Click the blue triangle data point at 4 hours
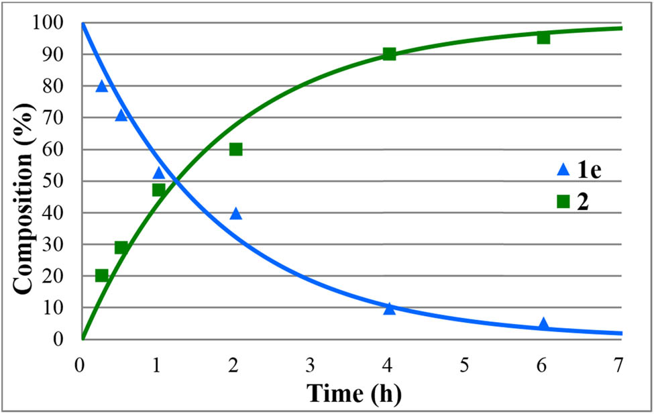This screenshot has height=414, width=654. pos(389,309)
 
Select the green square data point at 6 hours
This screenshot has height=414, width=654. pos(543,38)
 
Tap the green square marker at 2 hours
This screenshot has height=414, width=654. pos(235,149)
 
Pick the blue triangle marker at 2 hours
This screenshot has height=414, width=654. pos(235,214)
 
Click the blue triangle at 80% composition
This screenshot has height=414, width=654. pos(101,86)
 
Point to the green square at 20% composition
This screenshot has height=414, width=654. pos(101,275)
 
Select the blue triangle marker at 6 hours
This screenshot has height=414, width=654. pos(543,324)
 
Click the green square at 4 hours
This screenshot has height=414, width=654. pos(389,54)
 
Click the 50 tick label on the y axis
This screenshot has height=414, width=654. pos(54,181)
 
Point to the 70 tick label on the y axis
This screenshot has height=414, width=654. pos(54,117)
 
